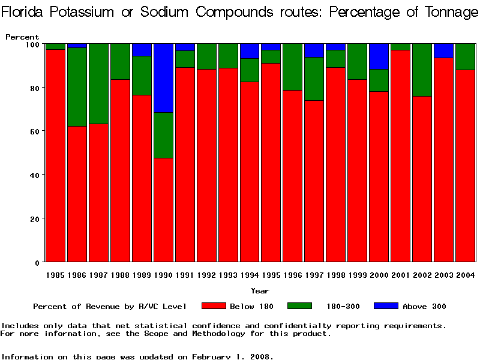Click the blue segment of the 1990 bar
click(x=164, y=78)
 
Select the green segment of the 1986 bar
click(x=77, y=86)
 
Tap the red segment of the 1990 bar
click(x=164, y=210)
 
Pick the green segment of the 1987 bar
click(x=99, y=83)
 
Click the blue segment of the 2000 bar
click(x=379, y=56)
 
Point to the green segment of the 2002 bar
click(x=422, y=70)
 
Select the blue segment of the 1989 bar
click(x=142, y=50)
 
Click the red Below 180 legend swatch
click(x=214, y=306)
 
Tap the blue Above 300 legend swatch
click(x=386, y=306)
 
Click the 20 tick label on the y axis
click(x=34, y=219)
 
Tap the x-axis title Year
click(x=260, y=291)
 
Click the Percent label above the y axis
click(x=22, y=37)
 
